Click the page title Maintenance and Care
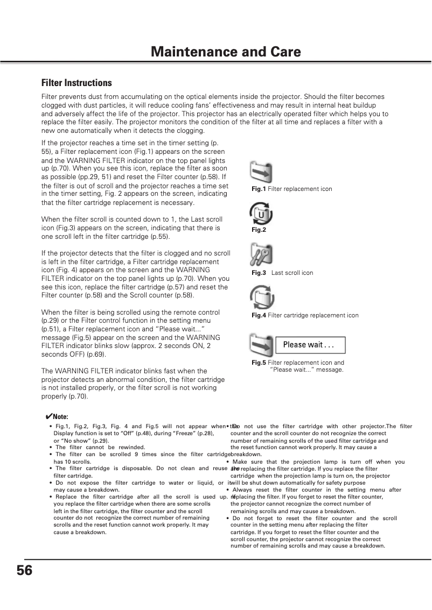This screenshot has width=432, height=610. coord(226,52)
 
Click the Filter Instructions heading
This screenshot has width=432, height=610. coord(76,83)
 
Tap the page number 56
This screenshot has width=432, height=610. coord(24,570)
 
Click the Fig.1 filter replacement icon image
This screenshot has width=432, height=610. coord(261,172)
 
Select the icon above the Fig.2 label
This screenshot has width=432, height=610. coord(260,214)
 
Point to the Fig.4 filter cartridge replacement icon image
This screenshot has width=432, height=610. coord(262,297)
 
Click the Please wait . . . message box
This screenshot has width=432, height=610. coord(308,345)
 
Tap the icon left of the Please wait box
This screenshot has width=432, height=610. coord(261,345)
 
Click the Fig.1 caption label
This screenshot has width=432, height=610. coord(259,189)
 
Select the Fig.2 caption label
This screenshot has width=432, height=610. coord(259,230)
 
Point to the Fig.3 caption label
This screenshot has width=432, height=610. coord(259,273)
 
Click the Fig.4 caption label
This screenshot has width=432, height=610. coord(259,315)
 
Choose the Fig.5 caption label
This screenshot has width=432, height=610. coord(259,363)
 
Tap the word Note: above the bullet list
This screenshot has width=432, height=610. coord(61,417)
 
